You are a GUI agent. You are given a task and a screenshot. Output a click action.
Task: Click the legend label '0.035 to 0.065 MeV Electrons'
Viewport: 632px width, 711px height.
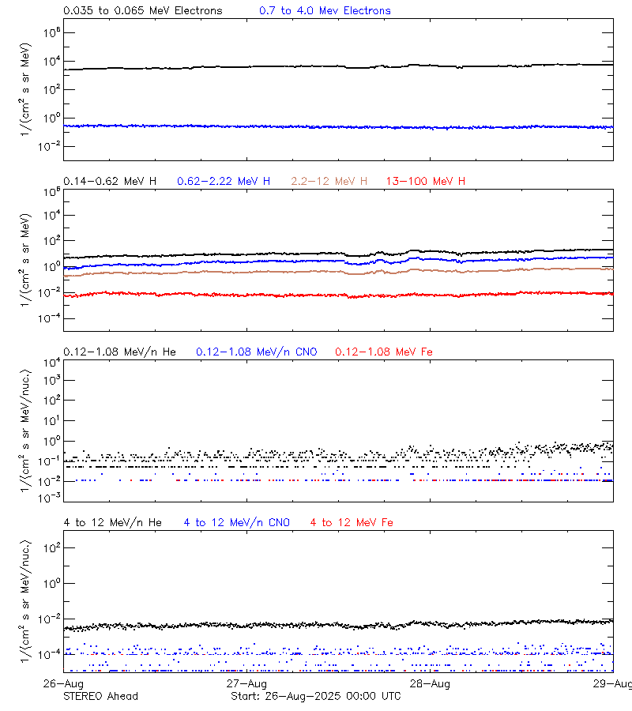click(x=142, y=11)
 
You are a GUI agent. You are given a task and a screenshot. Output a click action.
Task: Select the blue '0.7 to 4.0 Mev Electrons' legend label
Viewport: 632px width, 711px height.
click(x=325, y=11)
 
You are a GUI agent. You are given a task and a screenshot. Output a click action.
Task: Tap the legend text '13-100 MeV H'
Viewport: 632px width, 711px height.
click(x=426, y=182)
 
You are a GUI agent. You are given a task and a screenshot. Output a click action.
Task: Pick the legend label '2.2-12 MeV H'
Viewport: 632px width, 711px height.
click(x=329, y=182)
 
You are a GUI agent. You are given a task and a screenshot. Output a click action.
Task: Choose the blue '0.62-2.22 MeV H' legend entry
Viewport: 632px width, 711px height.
click(x=224, y=182)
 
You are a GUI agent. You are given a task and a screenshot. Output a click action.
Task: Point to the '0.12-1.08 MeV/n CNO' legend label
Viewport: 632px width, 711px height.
click(x=256, y=352)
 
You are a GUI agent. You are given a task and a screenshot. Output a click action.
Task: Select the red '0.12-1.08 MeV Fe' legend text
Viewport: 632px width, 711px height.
click(x=383, y=352)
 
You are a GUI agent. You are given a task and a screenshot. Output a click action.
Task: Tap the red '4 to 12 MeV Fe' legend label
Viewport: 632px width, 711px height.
click(x=352, y=523)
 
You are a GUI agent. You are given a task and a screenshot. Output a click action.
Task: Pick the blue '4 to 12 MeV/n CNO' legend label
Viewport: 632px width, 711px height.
click(x=236, y=523)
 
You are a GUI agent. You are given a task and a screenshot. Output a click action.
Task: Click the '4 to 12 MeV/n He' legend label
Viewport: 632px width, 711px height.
click(x=112, y=523)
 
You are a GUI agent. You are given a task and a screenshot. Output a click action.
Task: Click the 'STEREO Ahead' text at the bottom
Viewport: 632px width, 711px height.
click(x=100, y=696)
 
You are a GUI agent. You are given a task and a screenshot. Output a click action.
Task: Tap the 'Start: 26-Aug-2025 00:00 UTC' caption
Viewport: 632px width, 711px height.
click(x=315, y=696)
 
